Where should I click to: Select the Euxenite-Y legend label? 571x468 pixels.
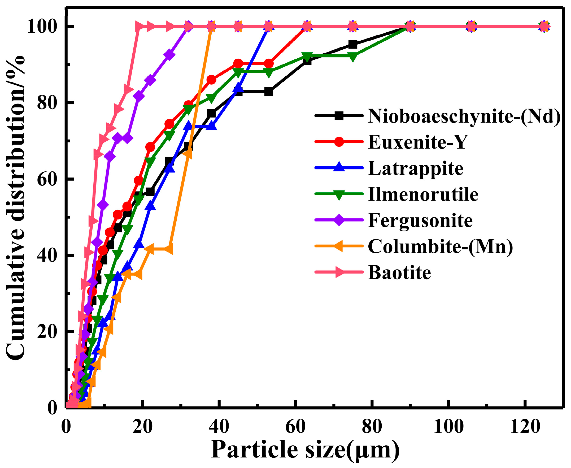click(417, 142)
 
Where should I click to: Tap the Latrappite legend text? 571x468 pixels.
click(415, 168)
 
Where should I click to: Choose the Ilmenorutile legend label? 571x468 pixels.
click(423, 194)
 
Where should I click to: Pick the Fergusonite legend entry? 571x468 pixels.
click(420, 220)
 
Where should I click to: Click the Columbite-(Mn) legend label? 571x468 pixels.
click(440, 246)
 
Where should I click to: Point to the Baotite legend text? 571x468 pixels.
click(399, 272)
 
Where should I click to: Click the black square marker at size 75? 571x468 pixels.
click(353, 45)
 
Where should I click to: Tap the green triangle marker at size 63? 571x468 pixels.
click(307, 56)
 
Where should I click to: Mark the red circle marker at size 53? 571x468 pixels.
click(269, 64)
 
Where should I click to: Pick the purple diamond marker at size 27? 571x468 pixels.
click(169, 55)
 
